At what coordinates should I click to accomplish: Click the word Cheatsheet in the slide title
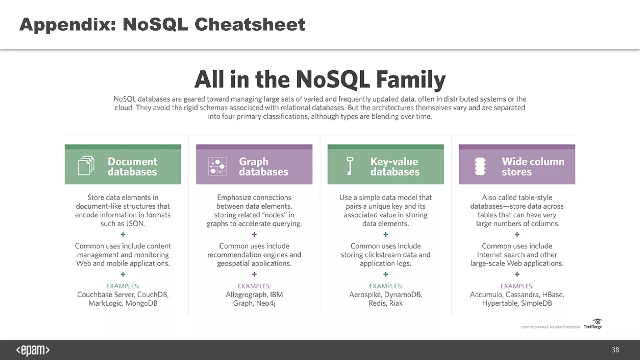pos(250,24)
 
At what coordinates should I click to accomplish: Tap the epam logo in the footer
pos(33,350)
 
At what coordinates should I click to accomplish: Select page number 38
pos(615,350)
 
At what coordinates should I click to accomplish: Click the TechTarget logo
pos(593,324)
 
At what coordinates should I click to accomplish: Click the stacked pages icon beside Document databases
pos(86,165)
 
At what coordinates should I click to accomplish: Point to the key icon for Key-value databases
pos(350,166)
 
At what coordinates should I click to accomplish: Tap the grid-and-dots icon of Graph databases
pos(217,166)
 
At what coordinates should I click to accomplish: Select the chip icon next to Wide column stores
pos(480,166)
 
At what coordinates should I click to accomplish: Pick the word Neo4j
pos(266,303)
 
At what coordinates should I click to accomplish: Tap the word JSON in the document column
pos(135,224)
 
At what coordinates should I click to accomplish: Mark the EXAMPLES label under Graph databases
pos(254,286)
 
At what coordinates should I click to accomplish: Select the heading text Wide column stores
pos(533,167)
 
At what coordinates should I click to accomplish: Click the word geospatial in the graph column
pos(232,263)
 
